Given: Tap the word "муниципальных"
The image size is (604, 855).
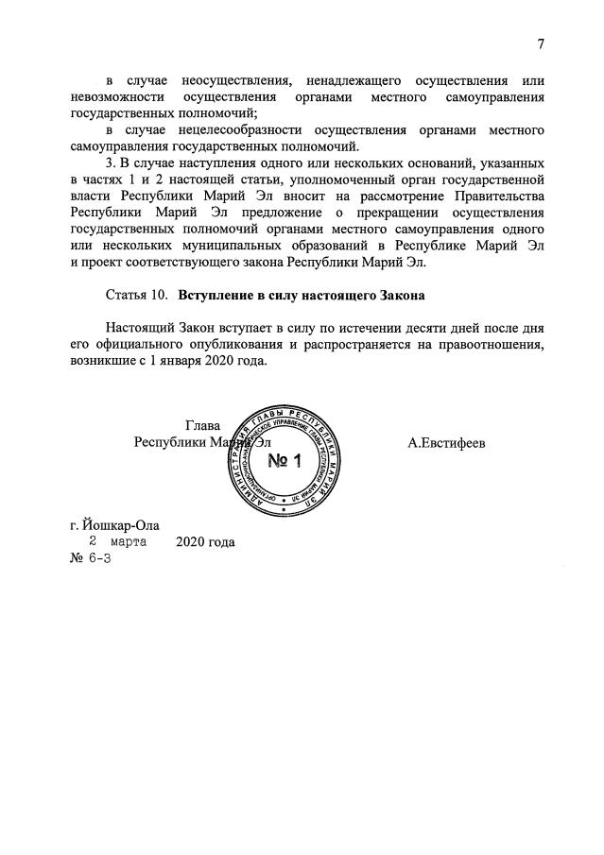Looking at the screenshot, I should pyautogui.click(x=245, y=246).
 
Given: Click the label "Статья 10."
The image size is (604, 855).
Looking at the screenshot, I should pyautogui.click(x=137, y=296).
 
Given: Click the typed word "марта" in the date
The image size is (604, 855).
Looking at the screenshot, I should pyautogui.click(x=127, y=542).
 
